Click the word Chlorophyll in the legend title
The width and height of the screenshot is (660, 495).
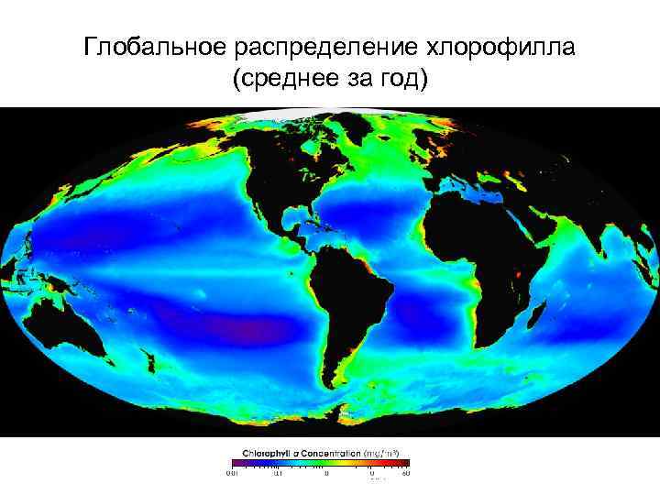click(x=267, y=453)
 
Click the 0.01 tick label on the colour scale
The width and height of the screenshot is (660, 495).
click(x=232, y=474)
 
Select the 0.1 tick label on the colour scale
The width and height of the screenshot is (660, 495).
click(x=277, y=474)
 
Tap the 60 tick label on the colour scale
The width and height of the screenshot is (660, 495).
click(x=405, y=474)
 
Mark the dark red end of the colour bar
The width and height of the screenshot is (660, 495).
click(x=407, y=463)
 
